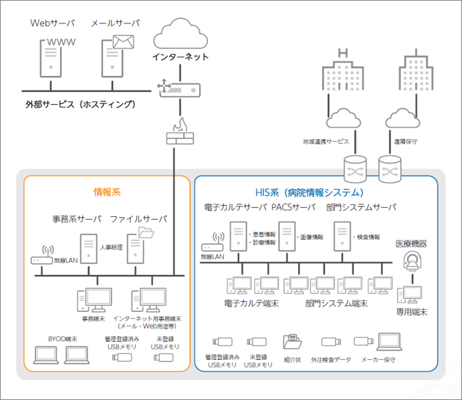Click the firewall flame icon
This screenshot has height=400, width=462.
[180, 125]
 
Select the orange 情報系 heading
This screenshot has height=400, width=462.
[107, 192]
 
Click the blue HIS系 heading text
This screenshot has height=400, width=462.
[315, 192]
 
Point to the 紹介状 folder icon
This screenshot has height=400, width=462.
[292, 343]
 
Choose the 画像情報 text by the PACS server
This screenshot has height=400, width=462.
[310, 238]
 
